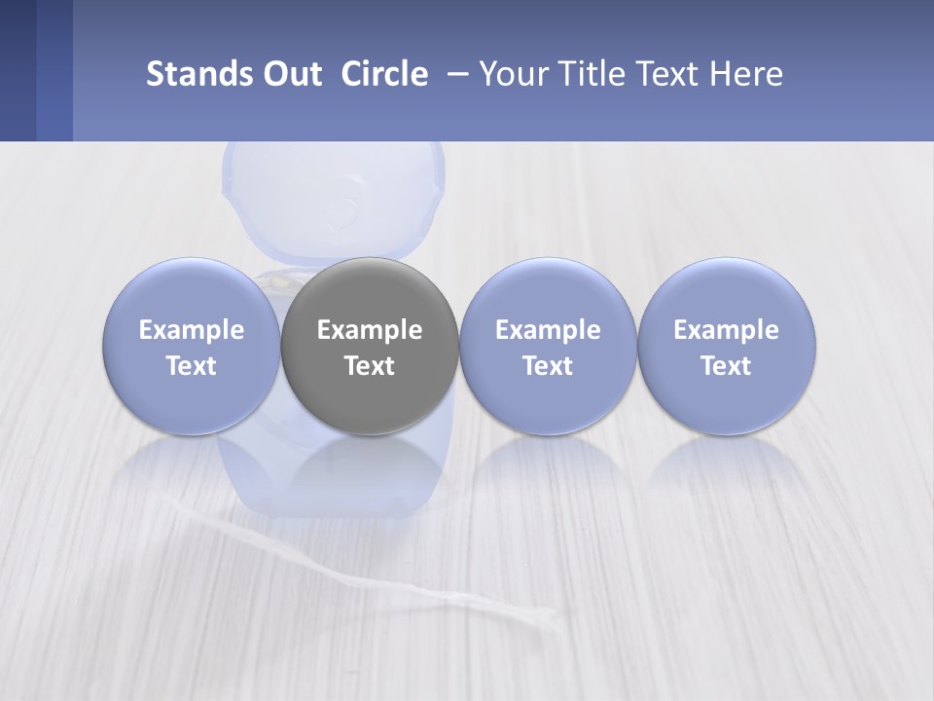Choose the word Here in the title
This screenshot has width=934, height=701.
(x=747, y=74)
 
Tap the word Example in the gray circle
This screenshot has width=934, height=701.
(x=370, y=330)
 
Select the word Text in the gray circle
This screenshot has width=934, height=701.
(x=370, y=366)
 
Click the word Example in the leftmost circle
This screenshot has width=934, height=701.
(x=192, y=330)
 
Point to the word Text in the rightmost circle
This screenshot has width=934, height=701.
(x=726, y=366)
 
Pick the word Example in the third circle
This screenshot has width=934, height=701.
(x=548, y=330)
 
